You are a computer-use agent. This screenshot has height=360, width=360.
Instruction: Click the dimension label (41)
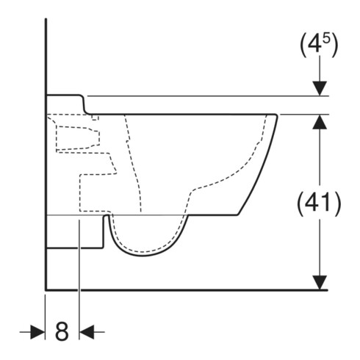coord(319,203)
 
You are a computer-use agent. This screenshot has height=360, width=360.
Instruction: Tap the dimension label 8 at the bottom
coord(62,331)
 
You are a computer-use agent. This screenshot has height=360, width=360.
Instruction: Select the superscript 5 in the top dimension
coord(326,40)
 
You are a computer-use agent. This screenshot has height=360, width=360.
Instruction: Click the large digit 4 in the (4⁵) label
coord(314,45)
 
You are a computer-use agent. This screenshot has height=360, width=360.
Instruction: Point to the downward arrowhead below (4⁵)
coord(319,88)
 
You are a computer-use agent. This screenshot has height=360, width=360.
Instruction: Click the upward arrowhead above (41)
coord(319,122)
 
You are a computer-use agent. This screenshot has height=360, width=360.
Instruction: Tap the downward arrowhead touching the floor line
coord(319,283)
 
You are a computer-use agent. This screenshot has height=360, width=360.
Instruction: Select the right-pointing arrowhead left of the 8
coord(37,332)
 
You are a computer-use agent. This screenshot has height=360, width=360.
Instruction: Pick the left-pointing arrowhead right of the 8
coord(87,332)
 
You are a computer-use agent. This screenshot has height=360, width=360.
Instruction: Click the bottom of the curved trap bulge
coord(143,256)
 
